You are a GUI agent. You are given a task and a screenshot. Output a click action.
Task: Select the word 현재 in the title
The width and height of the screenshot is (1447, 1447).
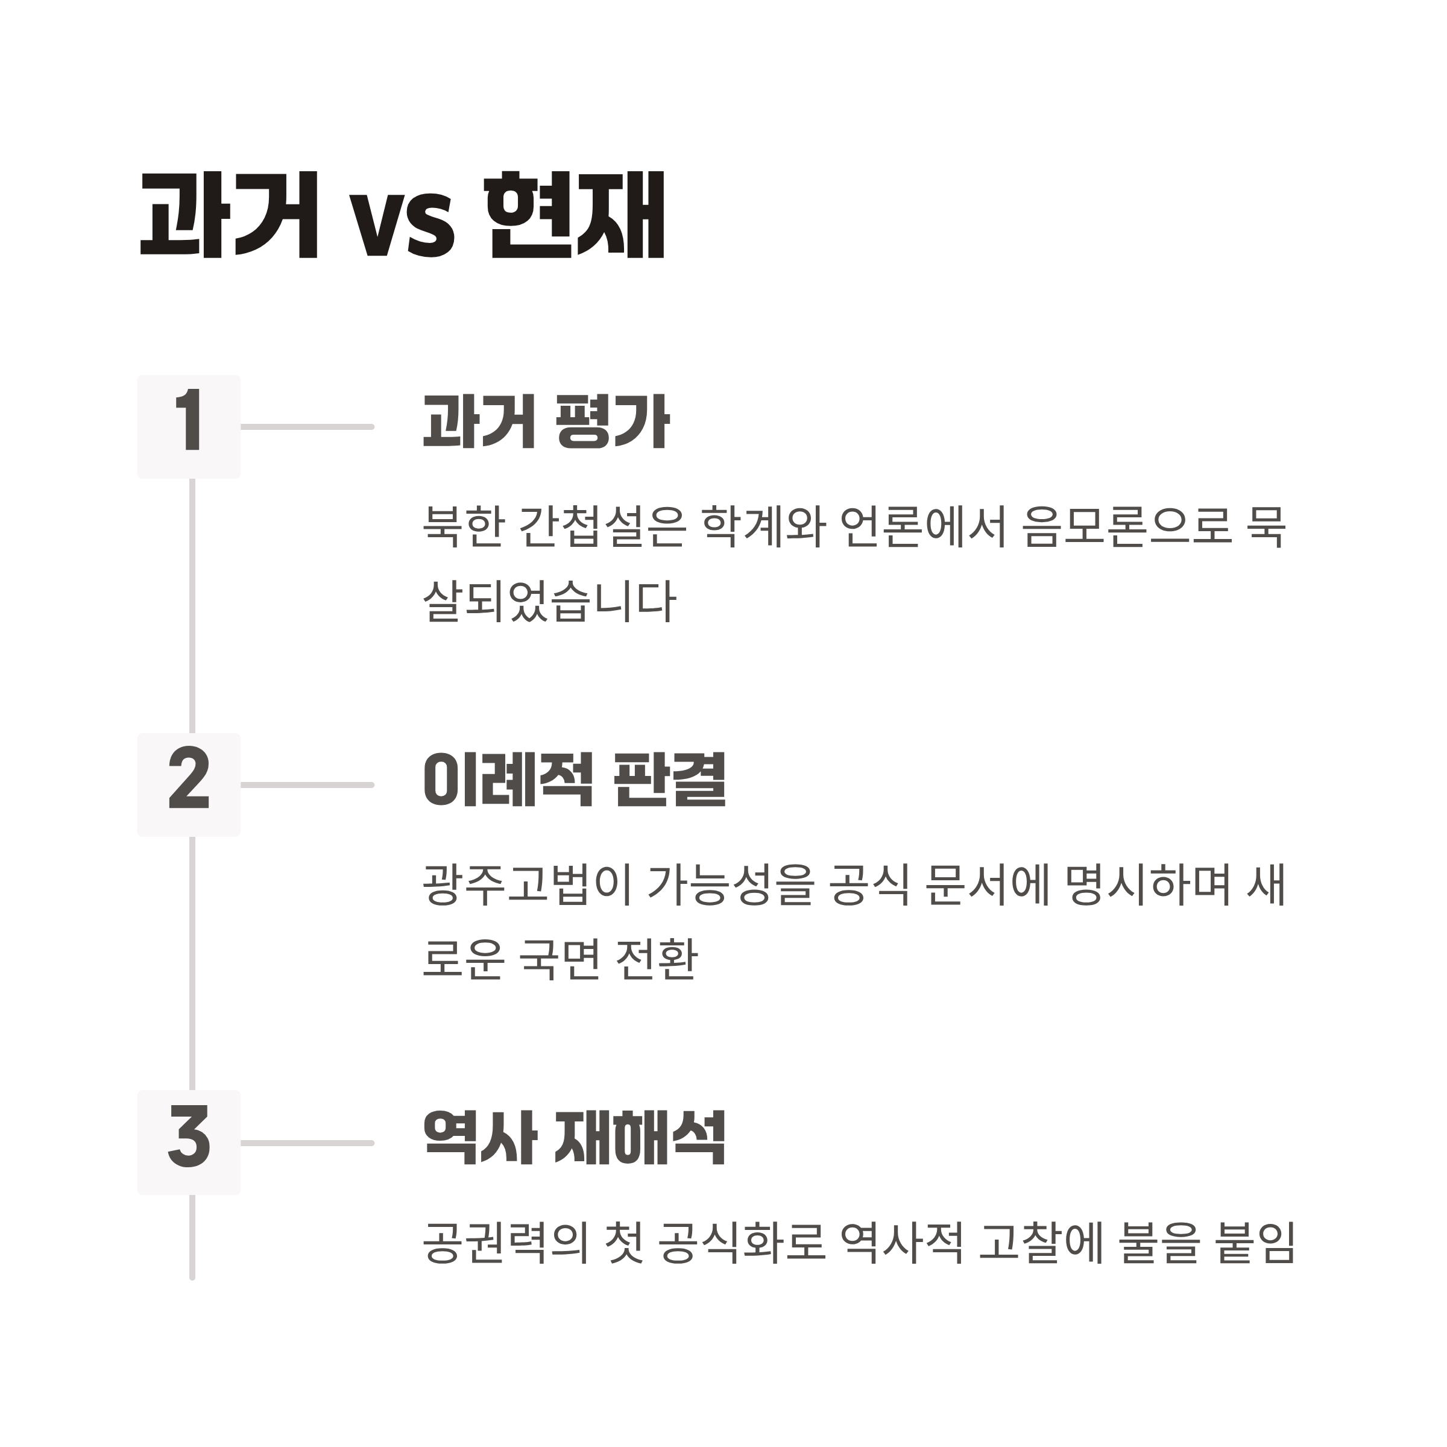[x=575, y=216]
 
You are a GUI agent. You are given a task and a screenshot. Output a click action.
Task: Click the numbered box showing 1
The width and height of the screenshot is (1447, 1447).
[x=189, y=427]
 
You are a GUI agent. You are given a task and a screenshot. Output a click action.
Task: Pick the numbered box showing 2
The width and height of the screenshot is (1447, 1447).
[x=189, y=785]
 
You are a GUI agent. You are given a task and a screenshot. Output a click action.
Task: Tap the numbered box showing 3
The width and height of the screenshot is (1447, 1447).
[x=189, y=1143]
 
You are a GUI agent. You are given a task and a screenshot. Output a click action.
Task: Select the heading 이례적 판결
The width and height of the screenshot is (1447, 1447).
[x=575, y=780]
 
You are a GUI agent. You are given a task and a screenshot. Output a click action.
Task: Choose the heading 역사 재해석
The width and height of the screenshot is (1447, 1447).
[x=575, y=1138]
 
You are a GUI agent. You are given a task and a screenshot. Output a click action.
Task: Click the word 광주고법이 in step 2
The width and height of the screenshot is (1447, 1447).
[x=525, y=884]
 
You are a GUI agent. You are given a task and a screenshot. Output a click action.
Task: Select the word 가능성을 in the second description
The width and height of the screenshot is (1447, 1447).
[x=730, y=884]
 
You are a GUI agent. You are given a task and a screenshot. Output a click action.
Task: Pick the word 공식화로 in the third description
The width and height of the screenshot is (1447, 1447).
[x=742, y=1243]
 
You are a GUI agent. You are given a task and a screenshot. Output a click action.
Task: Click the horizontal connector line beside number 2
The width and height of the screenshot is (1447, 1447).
[x=307, y=785]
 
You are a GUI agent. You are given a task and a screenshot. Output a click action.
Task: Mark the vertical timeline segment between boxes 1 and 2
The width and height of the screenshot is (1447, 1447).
[x=192, y=605]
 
